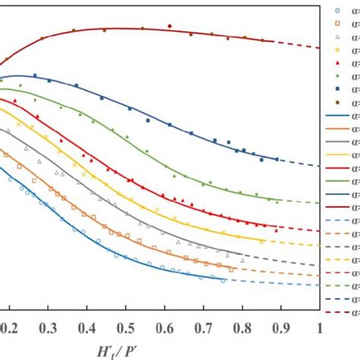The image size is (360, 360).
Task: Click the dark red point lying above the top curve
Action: click(x=169, y=26)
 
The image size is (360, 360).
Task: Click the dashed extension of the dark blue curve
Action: click(x=300, y=163)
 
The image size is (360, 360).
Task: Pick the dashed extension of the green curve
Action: click(x=300, y=201)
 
